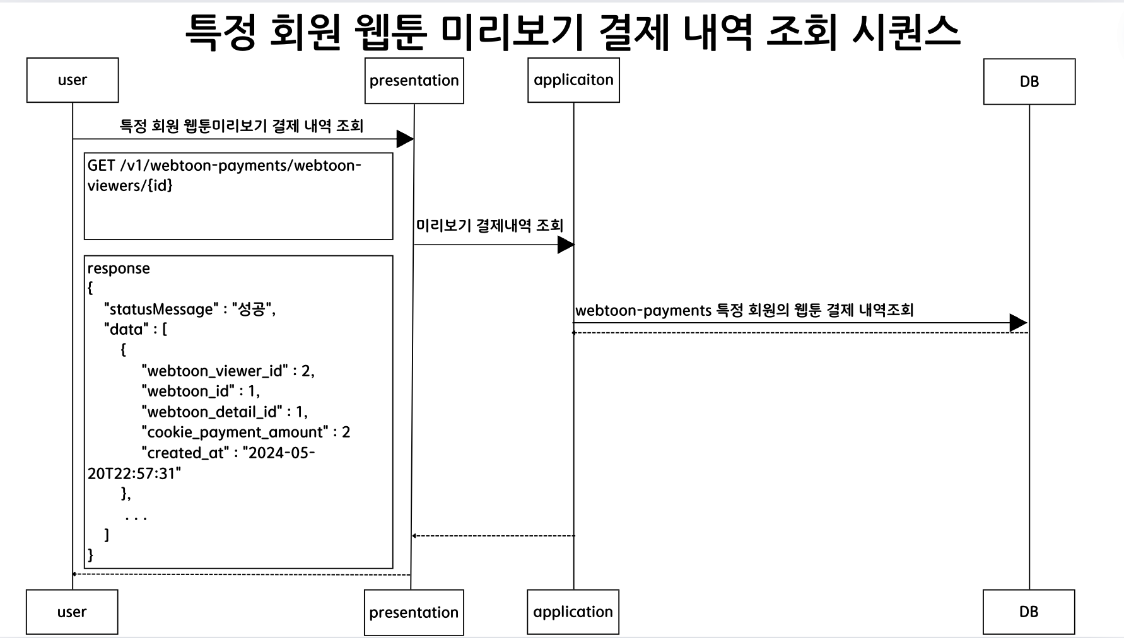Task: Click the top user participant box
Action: [x=73, y=80]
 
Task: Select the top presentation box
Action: [x=414, y=81]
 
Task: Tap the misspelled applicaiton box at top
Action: [x=573, y=80]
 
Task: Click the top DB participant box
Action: [x=1029, y=81]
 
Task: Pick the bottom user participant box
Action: [x=72, y=612]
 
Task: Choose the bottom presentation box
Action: [x=414, y=612]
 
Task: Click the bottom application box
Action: [x=573, y=612]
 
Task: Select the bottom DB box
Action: [x=1028, y=612]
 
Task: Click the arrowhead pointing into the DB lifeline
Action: [x=1018, y=323]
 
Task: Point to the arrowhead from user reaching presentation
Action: [x=405, y=139]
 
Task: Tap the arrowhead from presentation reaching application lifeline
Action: [x=566, y=245]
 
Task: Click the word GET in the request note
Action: [x=101, y=166]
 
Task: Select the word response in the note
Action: [x=119, y=269]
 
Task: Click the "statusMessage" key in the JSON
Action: [x=161, y=310]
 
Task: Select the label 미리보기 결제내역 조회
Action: [x=489, y=226]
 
